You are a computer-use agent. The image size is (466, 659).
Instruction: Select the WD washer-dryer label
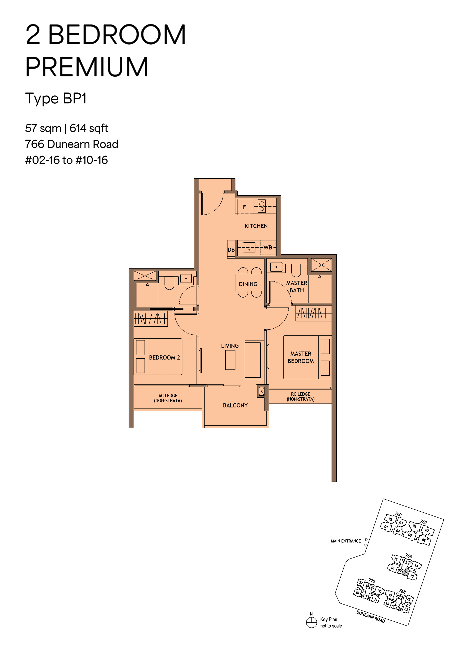pos(268,247)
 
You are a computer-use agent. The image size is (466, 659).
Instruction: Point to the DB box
pos(231,249)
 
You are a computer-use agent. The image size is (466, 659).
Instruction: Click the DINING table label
pos(248,284)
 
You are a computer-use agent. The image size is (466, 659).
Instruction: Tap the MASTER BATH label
pos(297,286)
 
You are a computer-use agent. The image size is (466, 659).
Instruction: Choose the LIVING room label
pos(230,346)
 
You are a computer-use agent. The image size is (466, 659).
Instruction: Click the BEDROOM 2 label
pos(164,358)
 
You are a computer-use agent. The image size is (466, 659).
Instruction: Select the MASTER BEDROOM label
pos(301,357)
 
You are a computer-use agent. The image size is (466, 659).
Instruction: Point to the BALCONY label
pos(235,406)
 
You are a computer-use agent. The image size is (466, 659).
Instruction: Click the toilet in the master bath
pos(296,270)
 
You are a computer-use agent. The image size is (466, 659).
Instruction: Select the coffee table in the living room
pos(230,360)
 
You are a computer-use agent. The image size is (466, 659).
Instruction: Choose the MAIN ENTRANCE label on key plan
pos(346,541)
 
